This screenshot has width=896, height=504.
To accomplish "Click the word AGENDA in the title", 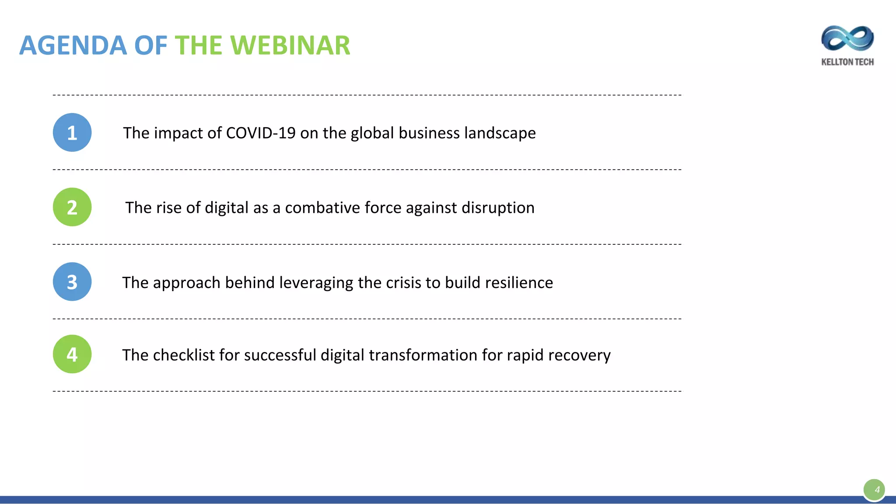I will click(x=73, y=45).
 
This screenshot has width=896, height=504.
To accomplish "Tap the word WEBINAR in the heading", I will click(x=290, y=45).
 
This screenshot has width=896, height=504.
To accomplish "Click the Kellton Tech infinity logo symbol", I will click(x=847, y=38).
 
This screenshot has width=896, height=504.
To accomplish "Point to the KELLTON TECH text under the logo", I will click(x=847, y=62).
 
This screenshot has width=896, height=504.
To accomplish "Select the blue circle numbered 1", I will click(x=72, y=132).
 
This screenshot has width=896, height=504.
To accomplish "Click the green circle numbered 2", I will click(x=72, y=207).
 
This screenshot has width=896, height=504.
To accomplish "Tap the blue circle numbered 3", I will click(x=72, y=282).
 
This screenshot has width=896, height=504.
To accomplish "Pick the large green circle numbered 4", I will click(x=72, y=354).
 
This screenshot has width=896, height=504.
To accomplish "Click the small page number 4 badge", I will click(x=874, y=490).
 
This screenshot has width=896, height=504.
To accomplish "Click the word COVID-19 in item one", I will click(x=261, y=133).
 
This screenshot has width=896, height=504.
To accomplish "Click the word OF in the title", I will click(x=150, y=45).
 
